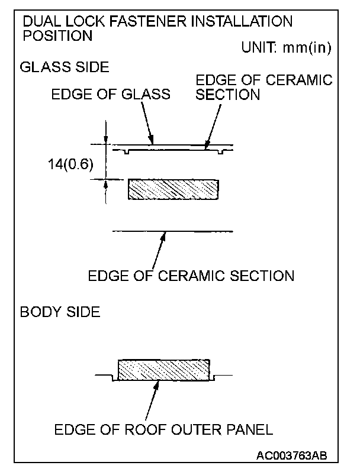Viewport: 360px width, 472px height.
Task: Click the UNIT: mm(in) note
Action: point(285,49)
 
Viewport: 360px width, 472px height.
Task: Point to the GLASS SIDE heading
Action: point(64,67)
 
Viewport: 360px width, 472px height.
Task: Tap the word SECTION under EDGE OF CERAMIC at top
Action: point(227,95)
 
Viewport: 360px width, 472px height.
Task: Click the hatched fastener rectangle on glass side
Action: point(173,190)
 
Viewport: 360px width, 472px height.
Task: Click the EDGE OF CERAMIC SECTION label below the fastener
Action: point(191,276)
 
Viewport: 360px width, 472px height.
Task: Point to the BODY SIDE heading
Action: point(60,312)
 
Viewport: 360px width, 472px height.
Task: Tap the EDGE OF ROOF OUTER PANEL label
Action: point(163,429)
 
